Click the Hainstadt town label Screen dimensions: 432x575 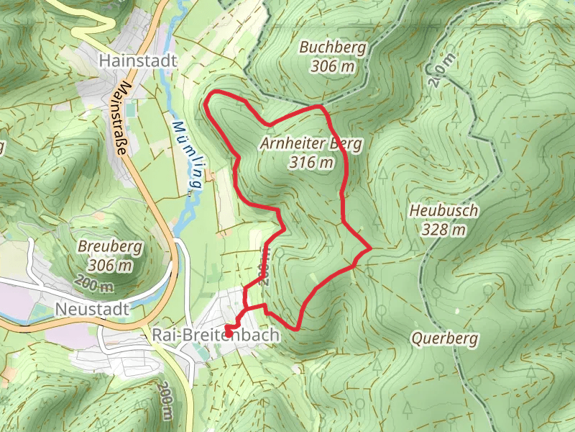point(139,60)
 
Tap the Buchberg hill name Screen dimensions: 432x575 point(333,48)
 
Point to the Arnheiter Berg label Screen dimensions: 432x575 point(311,144)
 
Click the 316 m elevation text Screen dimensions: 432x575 point(312,163)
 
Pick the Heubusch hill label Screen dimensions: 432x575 point(444,211)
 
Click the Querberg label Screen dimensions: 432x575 point(444,338)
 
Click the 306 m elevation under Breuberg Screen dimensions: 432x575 point(107,265)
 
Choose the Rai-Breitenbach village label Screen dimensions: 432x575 point(216,335)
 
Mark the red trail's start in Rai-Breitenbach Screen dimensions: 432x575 point(228,330)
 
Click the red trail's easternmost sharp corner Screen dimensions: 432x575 point(370,248)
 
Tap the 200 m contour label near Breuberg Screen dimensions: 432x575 point(93,286)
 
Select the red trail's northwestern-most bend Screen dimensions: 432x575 point(208,103)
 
